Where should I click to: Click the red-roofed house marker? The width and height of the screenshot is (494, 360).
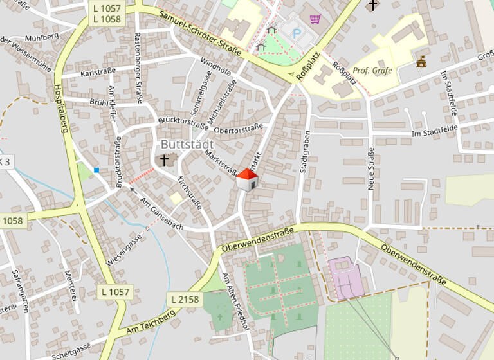click(247, 180)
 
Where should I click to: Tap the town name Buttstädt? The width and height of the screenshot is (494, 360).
click(187, 144)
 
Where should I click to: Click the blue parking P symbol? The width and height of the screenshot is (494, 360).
click(297, 33)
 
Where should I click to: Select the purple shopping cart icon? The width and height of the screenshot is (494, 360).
click(315, 19)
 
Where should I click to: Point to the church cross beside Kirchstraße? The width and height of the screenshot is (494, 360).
click(165, 159)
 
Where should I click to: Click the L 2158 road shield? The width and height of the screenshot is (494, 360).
click(185, 299)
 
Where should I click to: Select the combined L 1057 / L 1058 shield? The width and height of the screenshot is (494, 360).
click(106, 14)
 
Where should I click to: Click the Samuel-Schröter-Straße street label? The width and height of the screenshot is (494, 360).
click(199, 34)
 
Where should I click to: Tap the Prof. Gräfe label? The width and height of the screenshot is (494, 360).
click(372, 71)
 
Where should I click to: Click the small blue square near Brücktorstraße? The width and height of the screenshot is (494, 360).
click(96, 170)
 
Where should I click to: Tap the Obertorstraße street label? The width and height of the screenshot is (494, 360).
click(238, 130)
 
